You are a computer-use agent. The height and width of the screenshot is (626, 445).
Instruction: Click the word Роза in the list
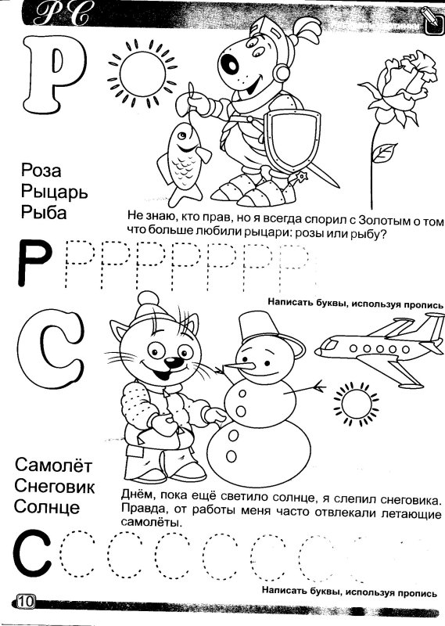point(41,171)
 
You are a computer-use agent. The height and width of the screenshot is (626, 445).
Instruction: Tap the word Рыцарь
point(55,192)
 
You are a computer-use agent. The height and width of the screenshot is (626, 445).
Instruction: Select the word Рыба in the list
point(45,212)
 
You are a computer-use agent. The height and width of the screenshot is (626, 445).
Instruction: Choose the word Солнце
point(47,506)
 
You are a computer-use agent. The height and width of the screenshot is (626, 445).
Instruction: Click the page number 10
point(23,601)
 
